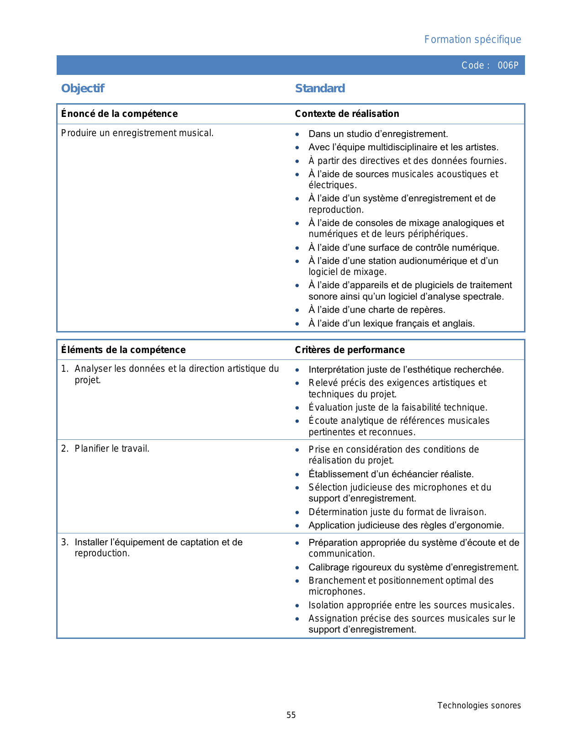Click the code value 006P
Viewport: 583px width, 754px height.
[x=508, y=65]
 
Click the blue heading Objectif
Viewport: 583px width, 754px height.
[x=83, y=89]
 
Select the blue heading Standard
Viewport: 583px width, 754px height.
[x=320, y=89]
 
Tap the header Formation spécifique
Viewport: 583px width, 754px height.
[x=472, y=40]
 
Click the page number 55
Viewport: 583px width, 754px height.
[x=291, y=715]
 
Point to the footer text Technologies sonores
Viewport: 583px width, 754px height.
[x=479, y=706]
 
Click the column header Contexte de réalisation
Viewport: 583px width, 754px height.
[x=347, y=114]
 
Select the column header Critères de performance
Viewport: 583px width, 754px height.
[x=350, y=350]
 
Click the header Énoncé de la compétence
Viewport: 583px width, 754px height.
[x=119, y=114]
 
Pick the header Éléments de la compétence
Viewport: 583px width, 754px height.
[x=123, y=350]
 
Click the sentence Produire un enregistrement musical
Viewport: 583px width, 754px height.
[x=137, y=133]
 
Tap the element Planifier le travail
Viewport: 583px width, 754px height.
[x=112, y=449]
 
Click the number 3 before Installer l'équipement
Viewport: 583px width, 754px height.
[x=64, y=543]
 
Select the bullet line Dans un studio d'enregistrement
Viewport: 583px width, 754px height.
[x=378, y=134]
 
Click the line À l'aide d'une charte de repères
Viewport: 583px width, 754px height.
[x=376, y=310]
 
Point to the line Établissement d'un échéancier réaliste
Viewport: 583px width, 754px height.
[x=391, y=475]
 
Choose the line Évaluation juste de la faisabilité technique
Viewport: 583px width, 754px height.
[x=397, y=407]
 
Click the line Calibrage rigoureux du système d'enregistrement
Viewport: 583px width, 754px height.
[x=413, y=568]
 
